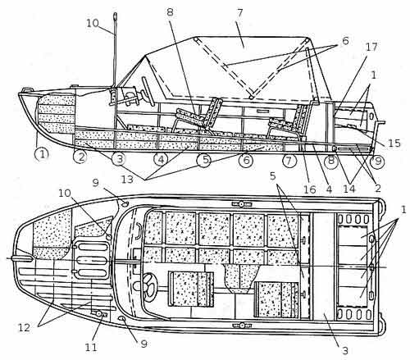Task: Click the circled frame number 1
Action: coord(42,155)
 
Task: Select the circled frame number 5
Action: coord(204,160)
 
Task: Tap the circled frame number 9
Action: coord(377,161)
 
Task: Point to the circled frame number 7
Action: coord(289,161)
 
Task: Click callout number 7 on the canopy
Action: coord(239,13)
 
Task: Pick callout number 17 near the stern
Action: coord(371,47)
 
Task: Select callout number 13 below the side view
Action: coord(127,180)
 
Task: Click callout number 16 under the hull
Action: coord(310,189)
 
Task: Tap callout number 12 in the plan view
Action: coord(24,327)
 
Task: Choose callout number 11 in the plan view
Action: coord(91,347)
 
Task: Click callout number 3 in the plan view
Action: coord(345,350)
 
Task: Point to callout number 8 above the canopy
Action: coord(170,12)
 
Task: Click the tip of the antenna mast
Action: coord(115,13)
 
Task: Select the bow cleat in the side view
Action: coord(26,89)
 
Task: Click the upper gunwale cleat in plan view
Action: coord(241,204)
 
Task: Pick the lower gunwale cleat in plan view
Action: coord(242,326)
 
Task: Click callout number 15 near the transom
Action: coord(394,144)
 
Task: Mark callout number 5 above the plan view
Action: coord(273,176)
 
